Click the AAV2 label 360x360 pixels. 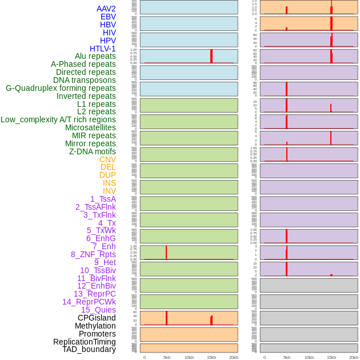(x=106, y=9)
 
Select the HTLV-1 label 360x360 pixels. (x=103, y=49)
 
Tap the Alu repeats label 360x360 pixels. (x=95, y=56)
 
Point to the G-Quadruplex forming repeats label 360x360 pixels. (x=61, y=88)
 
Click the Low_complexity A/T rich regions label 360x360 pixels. (x=58, y=119)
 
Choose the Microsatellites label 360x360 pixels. (x=90, y=127)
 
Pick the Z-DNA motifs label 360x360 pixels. (x=93, y=151)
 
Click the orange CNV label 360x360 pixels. (x=107, y=159)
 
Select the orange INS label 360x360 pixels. (x=109, y=183)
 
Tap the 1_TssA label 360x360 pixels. (x=103, y=199)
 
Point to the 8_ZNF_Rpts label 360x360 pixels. (x=93, y=254)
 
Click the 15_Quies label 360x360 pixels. (x=98, y=310)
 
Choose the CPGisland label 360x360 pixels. (x=97, y=318)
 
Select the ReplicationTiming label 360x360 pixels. (x=85, y=342)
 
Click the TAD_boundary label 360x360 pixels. (x=89, y=349)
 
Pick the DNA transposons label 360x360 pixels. (x=85, y=80)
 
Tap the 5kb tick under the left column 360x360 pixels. (x=167, y=357)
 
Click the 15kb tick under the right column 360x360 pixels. (x=331, y=357)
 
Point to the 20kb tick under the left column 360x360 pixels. (x=234, y=357)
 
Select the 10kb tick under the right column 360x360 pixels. (x=309, y=357)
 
